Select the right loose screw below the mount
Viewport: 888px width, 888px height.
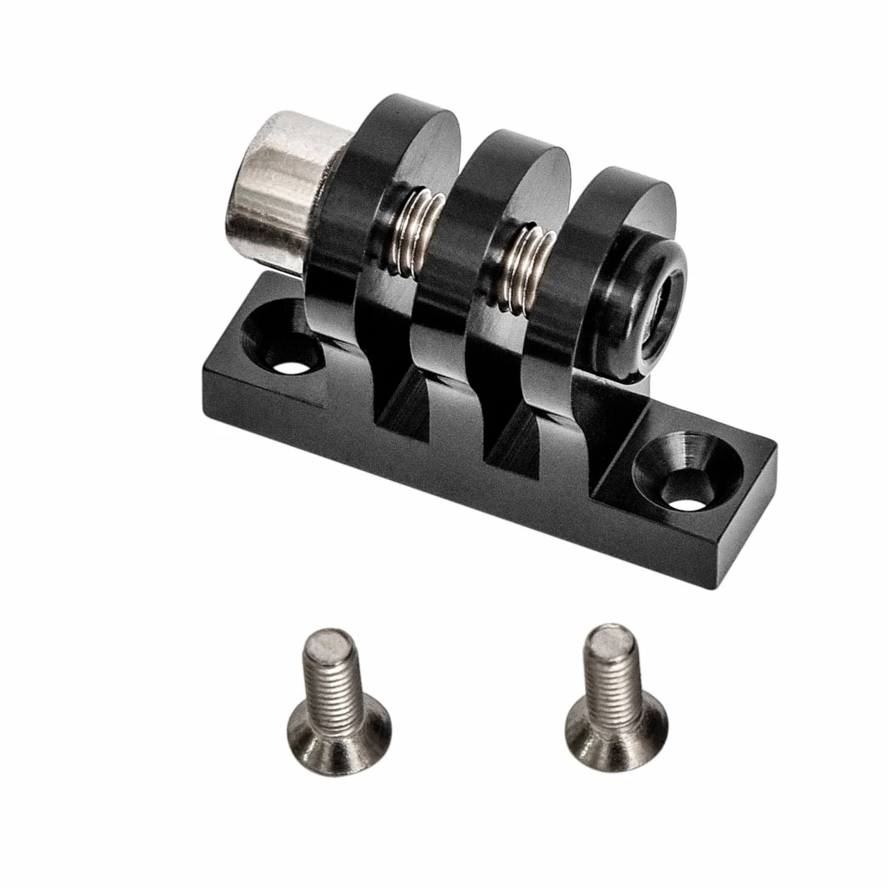[610, 694]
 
